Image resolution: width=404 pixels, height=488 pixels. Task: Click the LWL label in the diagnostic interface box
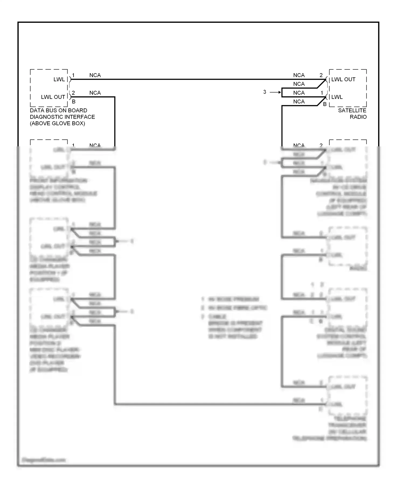[x=59, y=79]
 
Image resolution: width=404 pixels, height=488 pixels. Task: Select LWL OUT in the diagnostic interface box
[x=53, y=97]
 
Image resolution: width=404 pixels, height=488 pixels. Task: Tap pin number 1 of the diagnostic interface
[x=73, y=75]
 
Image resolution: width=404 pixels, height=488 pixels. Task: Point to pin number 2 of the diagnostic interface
[x=73, y=93]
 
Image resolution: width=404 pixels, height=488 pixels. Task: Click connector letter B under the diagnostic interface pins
[x=74, y=102]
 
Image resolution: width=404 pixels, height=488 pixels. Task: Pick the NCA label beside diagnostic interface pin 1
[x=95, y=75]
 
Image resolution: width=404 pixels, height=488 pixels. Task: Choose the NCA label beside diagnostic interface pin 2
[x=95, y=93]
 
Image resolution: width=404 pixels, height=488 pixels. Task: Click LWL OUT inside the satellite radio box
[x=343, y=79]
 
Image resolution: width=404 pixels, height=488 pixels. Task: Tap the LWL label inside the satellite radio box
[x=337, y=97]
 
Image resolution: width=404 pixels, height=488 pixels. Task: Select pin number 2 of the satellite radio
[x=321, y=75]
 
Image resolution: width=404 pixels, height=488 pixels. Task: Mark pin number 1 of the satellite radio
[x=322, y=93]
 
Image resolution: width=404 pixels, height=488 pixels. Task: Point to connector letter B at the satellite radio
[x=325, y=104]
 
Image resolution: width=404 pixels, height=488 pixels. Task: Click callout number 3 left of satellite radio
[x=265, y=92]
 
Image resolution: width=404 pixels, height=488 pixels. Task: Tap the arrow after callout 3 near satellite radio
[x=275, y=92]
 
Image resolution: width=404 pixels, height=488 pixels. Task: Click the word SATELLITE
[x=352, y=110]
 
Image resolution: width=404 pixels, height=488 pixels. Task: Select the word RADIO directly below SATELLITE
[x=358, y=117]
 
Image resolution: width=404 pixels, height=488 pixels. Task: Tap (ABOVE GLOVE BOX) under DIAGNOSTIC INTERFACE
[x=57, y=123]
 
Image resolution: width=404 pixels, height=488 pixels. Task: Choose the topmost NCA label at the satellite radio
[x=299, y=75]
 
